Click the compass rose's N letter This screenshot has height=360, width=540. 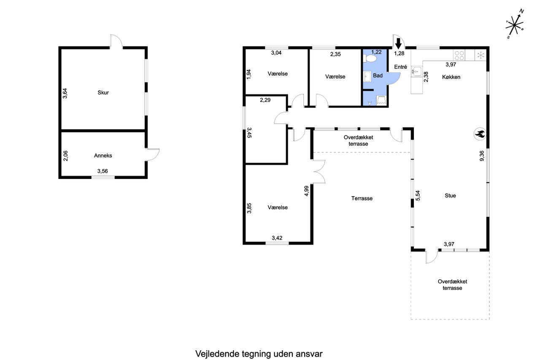[x=521, y=11]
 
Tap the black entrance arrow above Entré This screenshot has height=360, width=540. [x=398, y=43]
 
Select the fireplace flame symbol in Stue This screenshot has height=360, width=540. [x=480, y=134]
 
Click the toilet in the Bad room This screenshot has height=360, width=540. [x=370, y=59]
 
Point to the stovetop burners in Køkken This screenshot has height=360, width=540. [x=459, y=55]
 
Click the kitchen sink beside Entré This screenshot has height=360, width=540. [x=416, y=71]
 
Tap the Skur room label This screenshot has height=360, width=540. [x=103, y=92]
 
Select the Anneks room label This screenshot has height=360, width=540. [x=103, y=156]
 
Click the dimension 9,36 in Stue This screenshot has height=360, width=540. [x=482, y=156]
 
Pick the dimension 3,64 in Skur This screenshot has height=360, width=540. [x=65, y=93]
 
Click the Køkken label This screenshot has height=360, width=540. [x=451, y=77]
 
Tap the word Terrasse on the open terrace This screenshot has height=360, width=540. [x=362, y=198]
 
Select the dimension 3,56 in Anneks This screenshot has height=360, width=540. [x=103, y=171]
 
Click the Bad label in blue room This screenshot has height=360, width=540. [x=378, y=76]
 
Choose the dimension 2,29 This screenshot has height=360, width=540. [x=265, y=100]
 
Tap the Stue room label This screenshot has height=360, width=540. [x=450, y=195]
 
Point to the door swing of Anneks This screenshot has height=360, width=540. [x=153, y=154]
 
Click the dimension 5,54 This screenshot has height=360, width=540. [x=418, y=195]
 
